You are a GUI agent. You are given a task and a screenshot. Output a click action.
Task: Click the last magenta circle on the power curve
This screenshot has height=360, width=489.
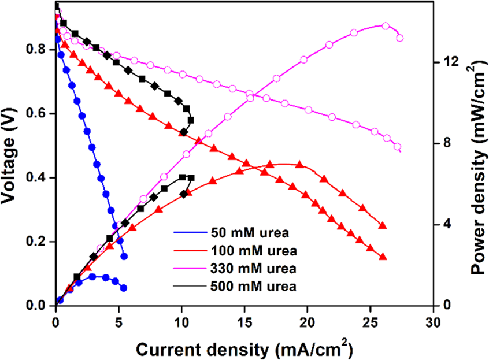[x=400, y=38]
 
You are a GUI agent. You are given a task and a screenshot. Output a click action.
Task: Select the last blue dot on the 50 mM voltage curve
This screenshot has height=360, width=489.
[x=124, y=256]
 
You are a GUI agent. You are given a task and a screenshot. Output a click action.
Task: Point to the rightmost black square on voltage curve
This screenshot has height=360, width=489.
[x=191, y=120]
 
